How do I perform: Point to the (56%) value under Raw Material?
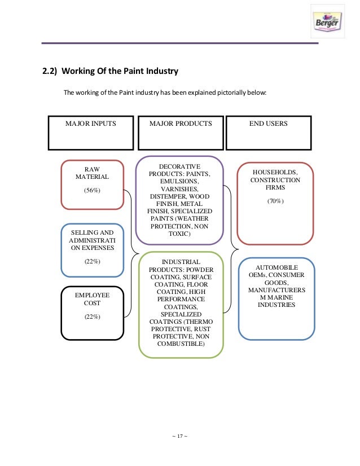92,190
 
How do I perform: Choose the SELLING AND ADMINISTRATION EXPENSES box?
92,249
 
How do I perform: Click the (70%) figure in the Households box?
276,201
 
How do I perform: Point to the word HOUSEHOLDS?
276,172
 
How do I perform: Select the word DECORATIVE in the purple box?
179,167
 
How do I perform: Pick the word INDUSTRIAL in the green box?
181,262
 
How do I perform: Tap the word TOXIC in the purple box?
179,234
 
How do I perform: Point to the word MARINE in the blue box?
281,297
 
